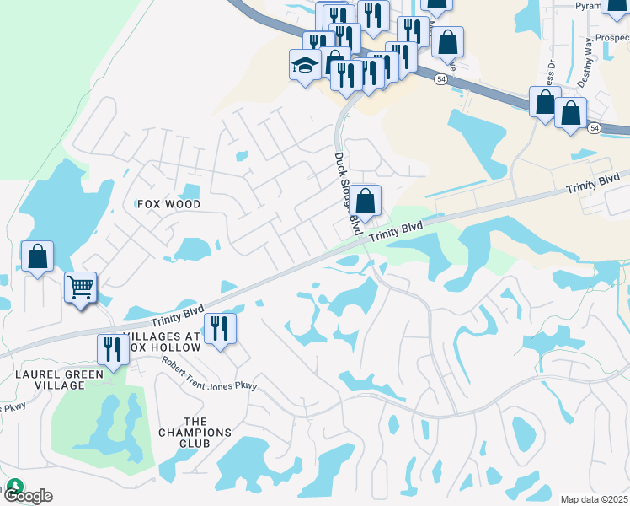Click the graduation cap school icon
304,65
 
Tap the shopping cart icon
81,287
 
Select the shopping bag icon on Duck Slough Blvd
365,202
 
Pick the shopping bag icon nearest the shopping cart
38,256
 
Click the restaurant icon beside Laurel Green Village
112,347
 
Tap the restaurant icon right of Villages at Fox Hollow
220,327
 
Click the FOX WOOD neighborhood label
169,204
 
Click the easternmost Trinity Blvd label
594,183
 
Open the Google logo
27,495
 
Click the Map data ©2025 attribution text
593,499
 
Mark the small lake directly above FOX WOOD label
190,191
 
